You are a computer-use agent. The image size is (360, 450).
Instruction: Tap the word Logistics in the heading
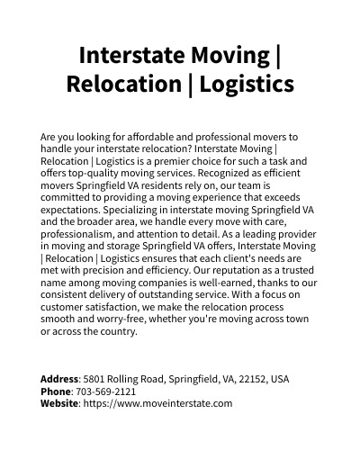(247, 85)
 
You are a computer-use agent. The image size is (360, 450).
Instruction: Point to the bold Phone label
(56, 391)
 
